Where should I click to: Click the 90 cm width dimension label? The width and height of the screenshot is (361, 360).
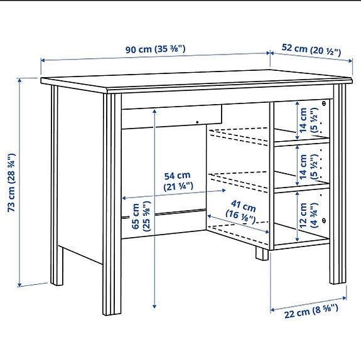pyautogui.click(x=155, y=49)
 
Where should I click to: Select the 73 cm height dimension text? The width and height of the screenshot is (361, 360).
pyautogui.click(x=11, y=181)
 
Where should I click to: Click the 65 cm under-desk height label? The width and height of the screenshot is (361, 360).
pyautogui.click(x=141, y=217)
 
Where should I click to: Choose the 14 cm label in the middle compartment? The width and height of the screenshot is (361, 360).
pyautogui.click(x=309, y=166)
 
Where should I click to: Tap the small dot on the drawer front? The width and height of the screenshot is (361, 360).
pyautogui.click(x=196, y=122)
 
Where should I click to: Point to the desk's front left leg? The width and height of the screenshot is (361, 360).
pyautogui.click(x=111, y=207)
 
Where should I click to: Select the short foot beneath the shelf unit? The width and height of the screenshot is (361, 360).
pyautogui.click(x=260, y=253)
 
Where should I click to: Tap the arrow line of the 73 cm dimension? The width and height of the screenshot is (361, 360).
pyautogui.click(x=21, y=181)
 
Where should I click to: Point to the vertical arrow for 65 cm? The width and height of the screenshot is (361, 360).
pyautogui.click(x=154, y=207)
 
